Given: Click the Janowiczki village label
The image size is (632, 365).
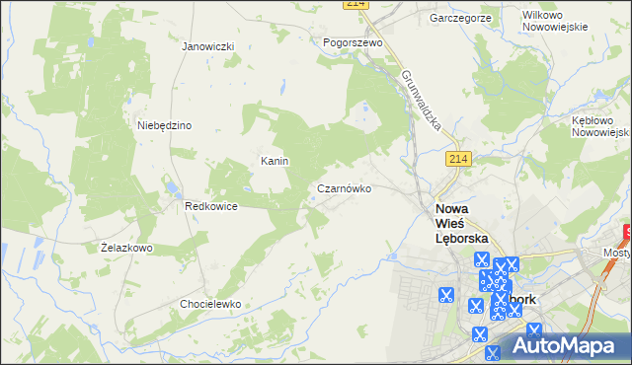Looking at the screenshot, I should [207, 46].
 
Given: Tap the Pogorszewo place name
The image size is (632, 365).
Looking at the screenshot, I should [353, 43].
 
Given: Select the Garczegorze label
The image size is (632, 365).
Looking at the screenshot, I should [461, 18].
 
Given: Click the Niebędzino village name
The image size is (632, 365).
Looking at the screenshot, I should [164, 125].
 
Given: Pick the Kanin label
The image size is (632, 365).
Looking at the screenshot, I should [274, 161].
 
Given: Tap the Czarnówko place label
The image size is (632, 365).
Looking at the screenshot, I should [344, 188].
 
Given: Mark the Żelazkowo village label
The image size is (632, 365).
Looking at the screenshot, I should [127, 248].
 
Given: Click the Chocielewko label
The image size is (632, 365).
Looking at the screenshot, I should [210, 304].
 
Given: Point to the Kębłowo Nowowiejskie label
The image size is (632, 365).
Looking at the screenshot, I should [600, 125].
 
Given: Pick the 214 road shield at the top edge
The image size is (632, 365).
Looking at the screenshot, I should [357, 5].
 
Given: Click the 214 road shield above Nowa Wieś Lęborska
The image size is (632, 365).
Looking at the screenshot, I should [455, 159].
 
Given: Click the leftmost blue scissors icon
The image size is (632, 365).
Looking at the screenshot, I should [445, 294].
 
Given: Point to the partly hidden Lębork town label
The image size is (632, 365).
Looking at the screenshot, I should [520, 299].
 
